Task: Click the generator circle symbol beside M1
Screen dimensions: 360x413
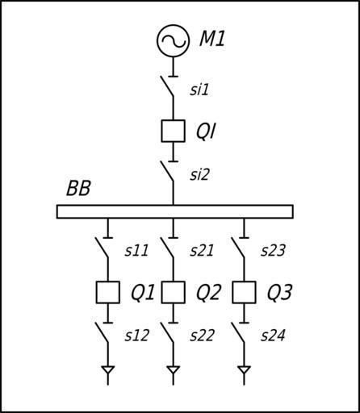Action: (174, 25)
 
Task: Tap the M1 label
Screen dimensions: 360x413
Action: (212, 40)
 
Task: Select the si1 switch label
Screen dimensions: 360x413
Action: (199, 90)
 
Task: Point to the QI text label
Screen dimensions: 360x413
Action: (206, 131)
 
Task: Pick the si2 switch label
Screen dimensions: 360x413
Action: (199, 174)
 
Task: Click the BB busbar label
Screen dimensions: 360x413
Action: (78, 188)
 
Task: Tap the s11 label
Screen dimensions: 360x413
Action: (136, 251)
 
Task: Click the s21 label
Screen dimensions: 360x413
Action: (202, 251)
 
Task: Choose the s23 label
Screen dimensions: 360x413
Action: (273, 251)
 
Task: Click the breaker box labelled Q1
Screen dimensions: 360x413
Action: (96, 293)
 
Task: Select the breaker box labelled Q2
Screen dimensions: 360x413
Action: (161, 293)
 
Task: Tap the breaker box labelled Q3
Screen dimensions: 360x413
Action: (232, 293)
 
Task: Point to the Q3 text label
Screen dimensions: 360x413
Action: (279, 293)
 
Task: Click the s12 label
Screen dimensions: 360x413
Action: (136, 336)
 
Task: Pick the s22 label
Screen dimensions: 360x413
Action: (202, 336)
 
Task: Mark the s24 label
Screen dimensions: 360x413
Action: (273, 336)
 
